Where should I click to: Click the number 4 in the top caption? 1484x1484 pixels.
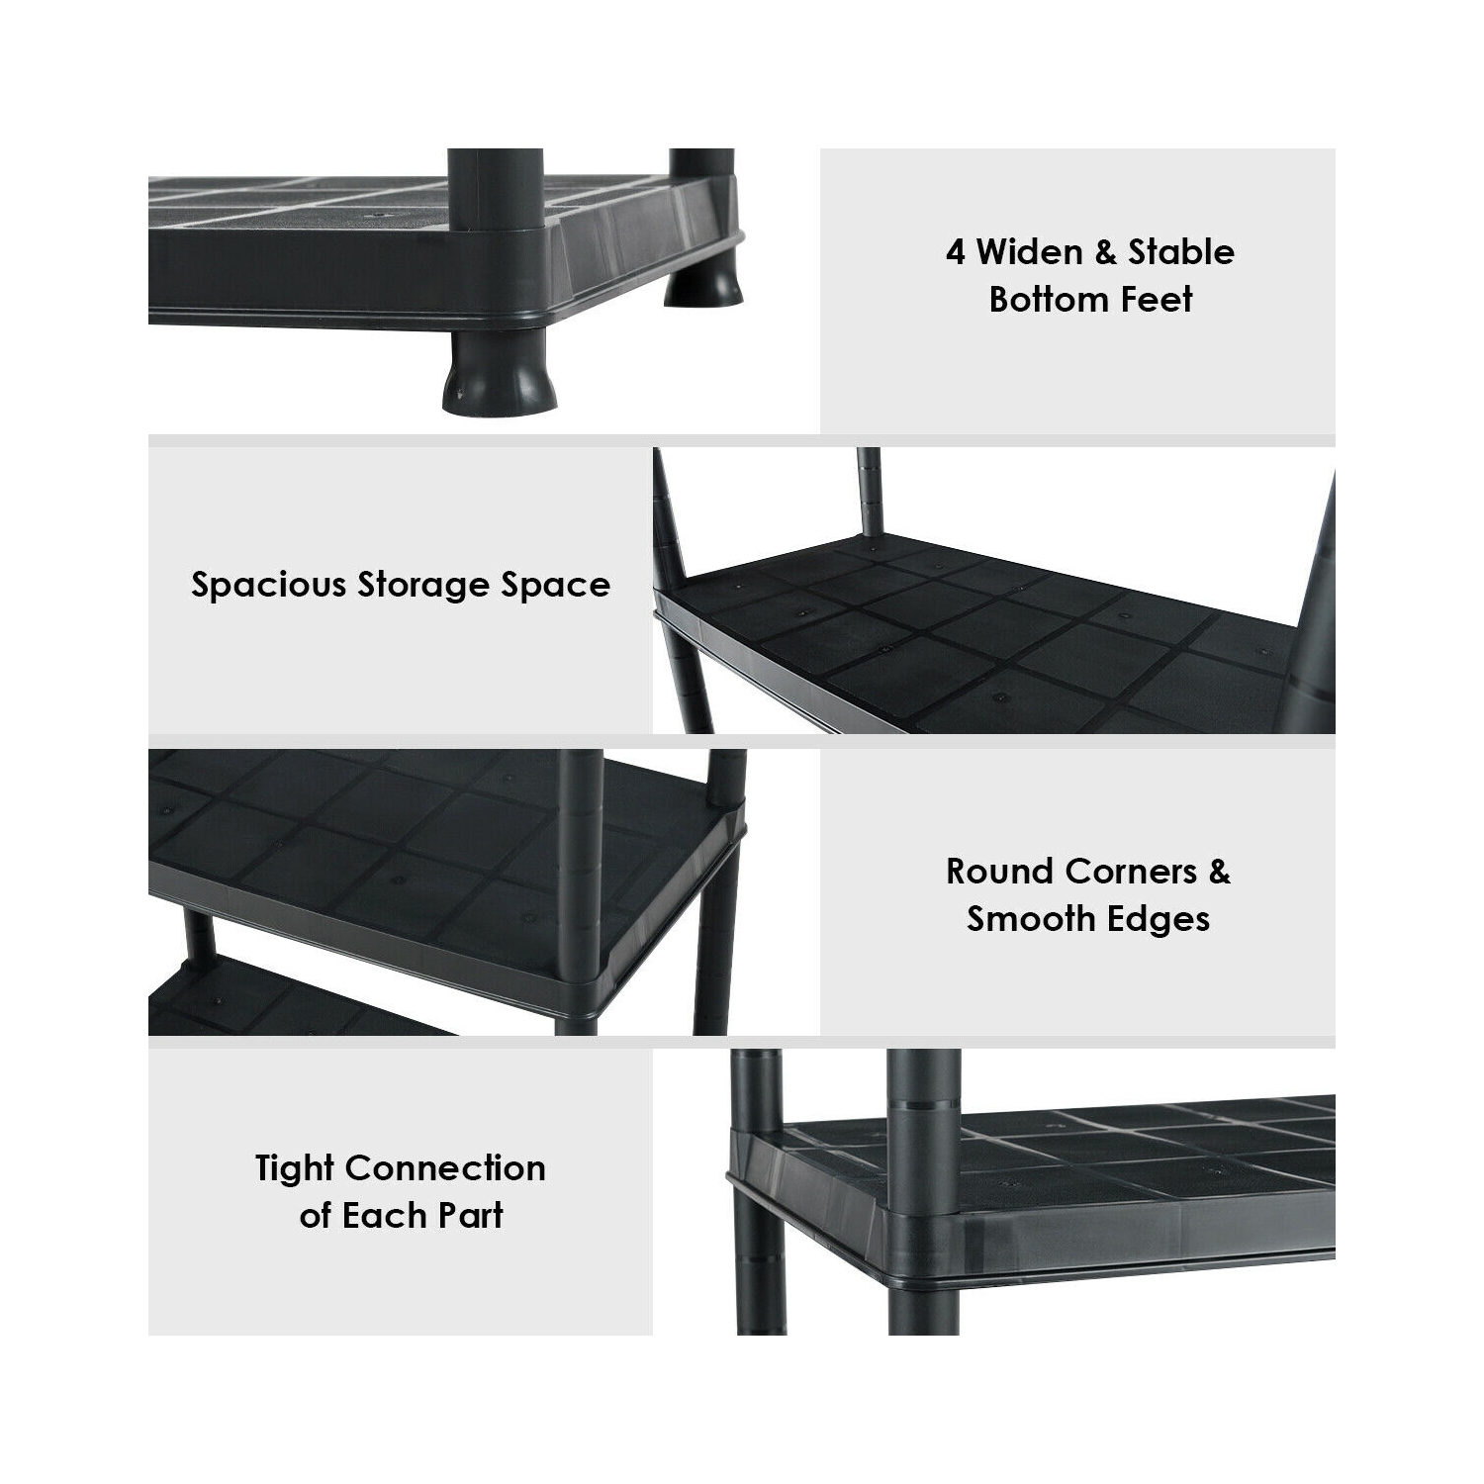point(955,252)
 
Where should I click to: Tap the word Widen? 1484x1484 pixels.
point(1030,252)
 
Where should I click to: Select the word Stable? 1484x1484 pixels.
point(1182,252)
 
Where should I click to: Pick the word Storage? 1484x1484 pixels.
point(423,587)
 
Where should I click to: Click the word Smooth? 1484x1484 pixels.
point(1028,919)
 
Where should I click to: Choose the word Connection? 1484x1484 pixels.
point(445,1168)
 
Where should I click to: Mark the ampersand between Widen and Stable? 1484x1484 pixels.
point(1106,252)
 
